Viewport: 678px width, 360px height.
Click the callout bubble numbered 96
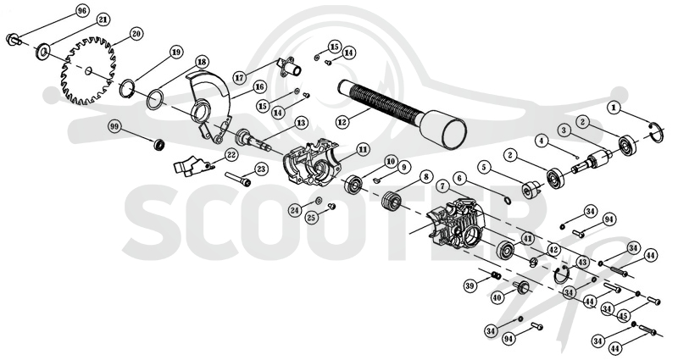(x=81, y=11)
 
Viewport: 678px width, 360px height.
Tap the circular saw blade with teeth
(x=89, y=71)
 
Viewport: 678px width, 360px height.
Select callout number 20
(x=136, y=34)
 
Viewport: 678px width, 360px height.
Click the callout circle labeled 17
(x=239, y=78)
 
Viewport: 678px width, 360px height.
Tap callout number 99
(x=114, y=127)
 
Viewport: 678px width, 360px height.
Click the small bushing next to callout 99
(x=159, y=144)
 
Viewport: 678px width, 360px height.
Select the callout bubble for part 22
(x=231, y=154)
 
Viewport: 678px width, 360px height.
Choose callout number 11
(x=363, y=150)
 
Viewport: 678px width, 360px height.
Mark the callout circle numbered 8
(x=426, y=176)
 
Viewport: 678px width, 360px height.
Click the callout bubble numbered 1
(x=614, y=108)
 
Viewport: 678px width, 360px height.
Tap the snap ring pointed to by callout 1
(x=656, y=132)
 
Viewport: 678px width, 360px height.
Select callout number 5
(x=484, y=166)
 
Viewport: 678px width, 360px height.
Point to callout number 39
(x=470, y=285)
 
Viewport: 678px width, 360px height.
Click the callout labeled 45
(x=623, y=315)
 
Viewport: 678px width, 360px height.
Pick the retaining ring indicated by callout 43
(x=562, y=274)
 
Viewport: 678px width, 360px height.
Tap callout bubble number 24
(x=295, y=210)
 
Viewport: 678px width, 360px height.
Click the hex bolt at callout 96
(x=14, y=40)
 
